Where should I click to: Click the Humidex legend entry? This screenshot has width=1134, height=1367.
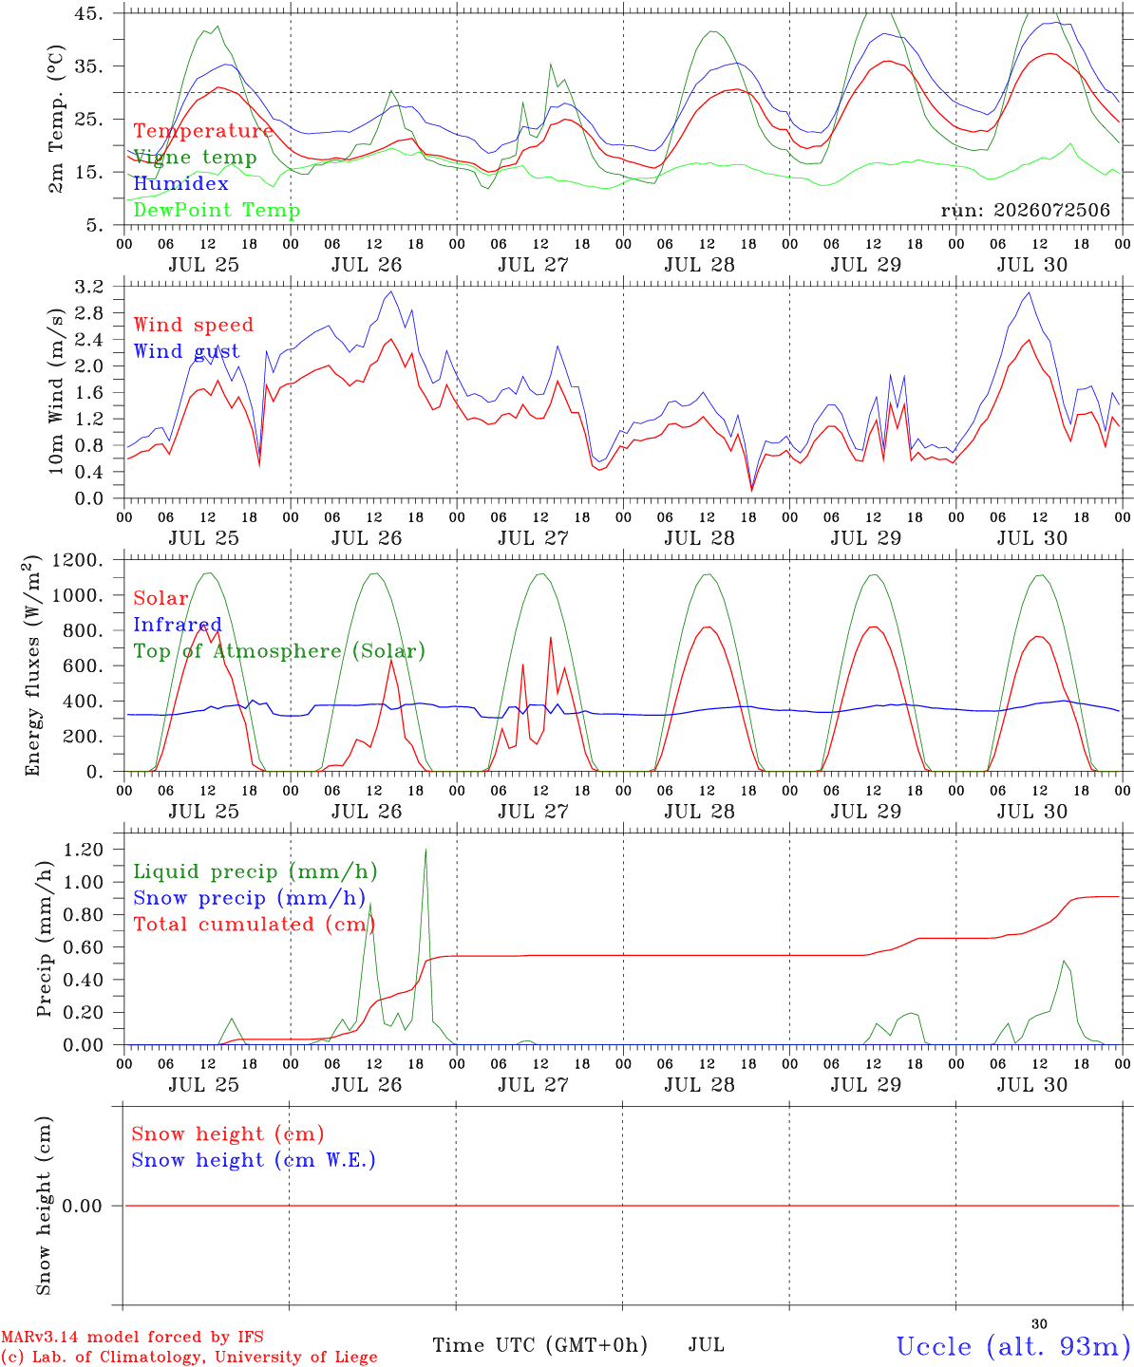tap(180, 183)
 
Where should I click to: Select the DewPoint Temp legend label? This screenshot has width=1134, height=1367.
tap(217, 210)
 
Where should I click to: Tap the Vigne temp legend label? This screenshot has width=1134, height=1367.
tap(196, 158)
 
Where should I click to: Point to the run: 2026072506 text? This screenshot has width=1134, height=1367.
tap(1025, 210)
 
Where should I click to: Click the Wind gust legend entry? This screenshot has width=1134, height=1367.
tap(187, 351)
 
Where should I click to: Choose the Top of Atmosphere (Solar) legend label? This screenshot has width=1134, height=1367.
tap(280, 651)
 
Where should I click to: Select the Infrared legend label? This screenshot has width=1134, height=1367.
tap(178, 625)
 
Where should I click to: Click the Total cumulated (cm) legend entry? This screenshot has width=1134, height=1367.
tap(255, 924)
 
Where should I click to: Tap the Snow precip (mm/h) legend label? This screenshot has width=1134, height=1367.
tap(250, 898)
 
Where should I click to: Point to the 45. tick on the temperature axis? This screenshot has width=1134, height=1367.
tap(88, 13)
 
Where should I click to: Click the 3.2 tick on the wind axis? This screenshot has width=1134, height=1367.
tap(89, 286)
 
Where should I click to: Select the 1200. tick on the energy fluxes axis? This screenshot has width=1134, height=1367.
tap(78, 560)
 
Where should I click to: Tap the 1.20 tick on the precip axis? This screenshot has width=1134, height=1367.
tap(84, 849)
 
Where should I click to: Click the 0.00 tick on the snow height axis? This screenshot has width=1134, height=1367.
tap(82, 1206)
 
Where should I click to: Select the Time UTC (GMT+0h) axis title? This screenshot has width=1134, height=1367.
tap(539, 1345)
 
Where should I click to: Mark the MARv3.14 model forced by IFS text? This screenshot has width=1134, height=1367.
tap(132, 1337)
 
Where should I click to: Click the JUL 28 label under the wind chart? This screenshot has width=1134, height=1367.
tap(699, 537)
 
